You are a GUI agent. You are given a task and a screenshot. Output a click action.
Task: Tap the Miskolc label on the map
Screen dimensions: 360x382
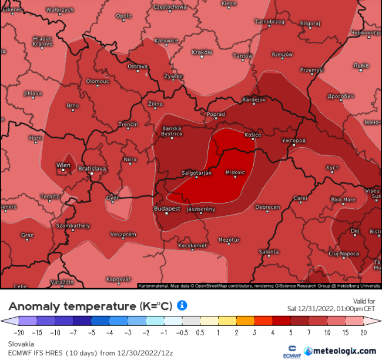(235, 172)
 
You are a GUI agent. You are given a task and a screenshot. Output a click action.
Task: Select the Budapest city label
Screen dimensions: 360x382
(167, 209)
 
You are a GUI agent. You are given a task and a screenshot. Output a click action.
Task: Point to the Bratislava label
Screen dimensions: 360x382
(93, 168)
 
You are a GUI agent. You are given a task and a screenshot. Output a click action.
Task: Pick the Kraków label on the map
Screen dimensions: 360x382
(202, 52)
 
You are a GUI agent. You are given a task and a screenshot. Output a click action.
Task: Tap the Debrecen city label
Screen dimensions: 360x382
(267, 207)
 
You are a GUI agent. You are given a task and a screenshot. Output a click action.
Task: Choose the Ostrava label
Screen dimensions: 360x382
(138, 66)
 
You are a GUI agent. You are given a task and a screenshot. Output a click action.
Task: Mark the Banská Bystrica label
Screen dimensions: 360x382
(172, 131)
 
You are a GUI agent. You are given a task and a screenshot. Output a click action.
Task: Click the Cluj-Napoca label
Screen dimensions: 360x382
(343, 254)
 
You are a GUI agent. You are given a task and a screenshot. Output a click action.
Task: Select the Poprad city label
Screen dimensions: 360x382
(216, 114)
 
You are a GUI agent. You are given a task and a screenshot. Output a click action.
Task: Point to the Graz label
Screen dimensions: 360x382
(27, 235)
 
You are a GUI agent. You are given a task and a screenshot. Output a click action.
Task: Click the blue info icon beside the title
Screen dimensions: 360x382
(182, 305)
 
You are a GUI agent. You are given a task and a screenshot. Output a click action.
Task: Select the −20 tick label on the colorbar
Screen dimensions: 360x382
(10, 332)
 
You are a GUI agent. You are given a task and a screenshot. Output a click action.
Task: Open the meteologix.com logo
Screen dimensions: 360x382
(339, 351)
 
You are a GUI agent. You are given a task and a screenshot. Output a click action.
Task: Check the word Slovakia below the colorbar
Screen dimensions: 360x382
(21, 344)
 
